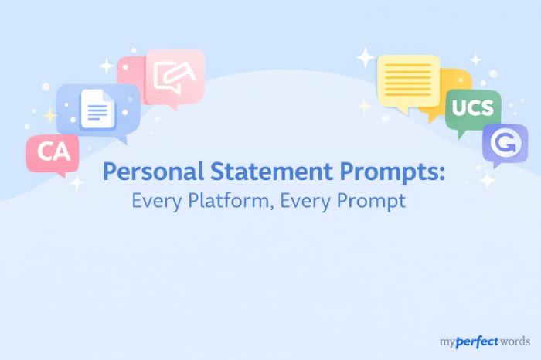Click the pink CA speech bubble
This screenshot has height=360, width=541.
click(x=53, y=152)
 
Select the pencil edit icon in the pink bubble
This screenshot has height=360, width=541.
click(x=174, y=76)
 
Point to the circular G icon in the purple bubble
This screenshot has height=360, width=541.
click(x=504, y=143)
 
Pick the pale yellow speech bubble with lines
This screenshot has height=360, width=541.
click(x=407, y=80)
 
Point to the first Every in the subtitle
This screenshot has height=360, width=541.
click(x=155, y=201)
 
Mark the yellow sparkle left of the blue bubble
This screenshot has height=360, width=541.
click(x=50, y=115)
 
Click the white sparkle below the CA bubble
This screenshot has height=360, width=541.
click(x=77, y=183)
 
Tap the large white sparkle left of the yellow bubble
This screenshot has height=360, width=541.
click(x=365, y=57)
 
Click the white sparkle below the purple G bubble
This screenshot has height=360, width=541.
click(x=487, y=181)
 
